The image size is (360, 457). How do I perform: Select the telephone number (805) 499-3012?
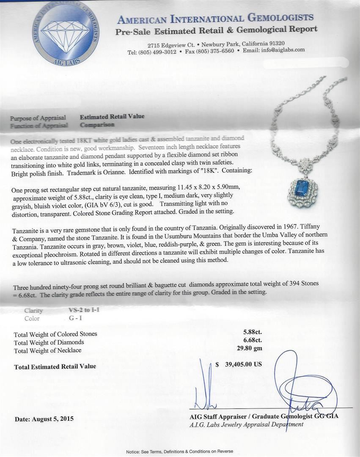[157, 51]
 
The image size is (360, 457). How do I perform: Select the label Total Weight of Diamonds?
[49, 342]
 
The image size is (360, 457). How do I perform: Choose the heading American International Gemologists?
[215, 18]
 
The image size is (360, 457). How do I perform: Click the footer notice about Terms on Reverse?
[179, 452]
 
